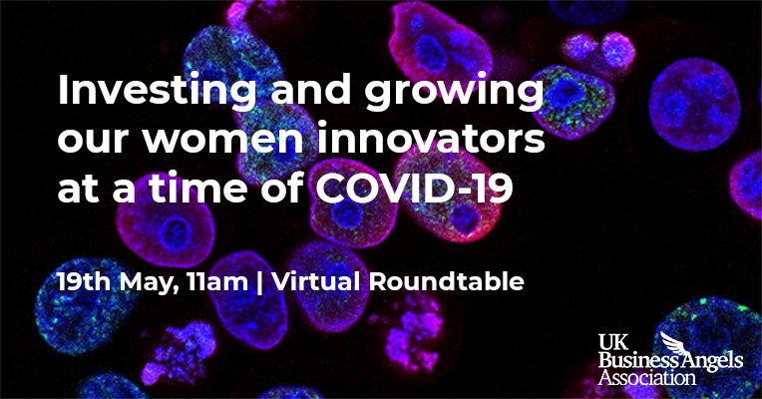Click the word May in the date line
pos(149,282)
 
